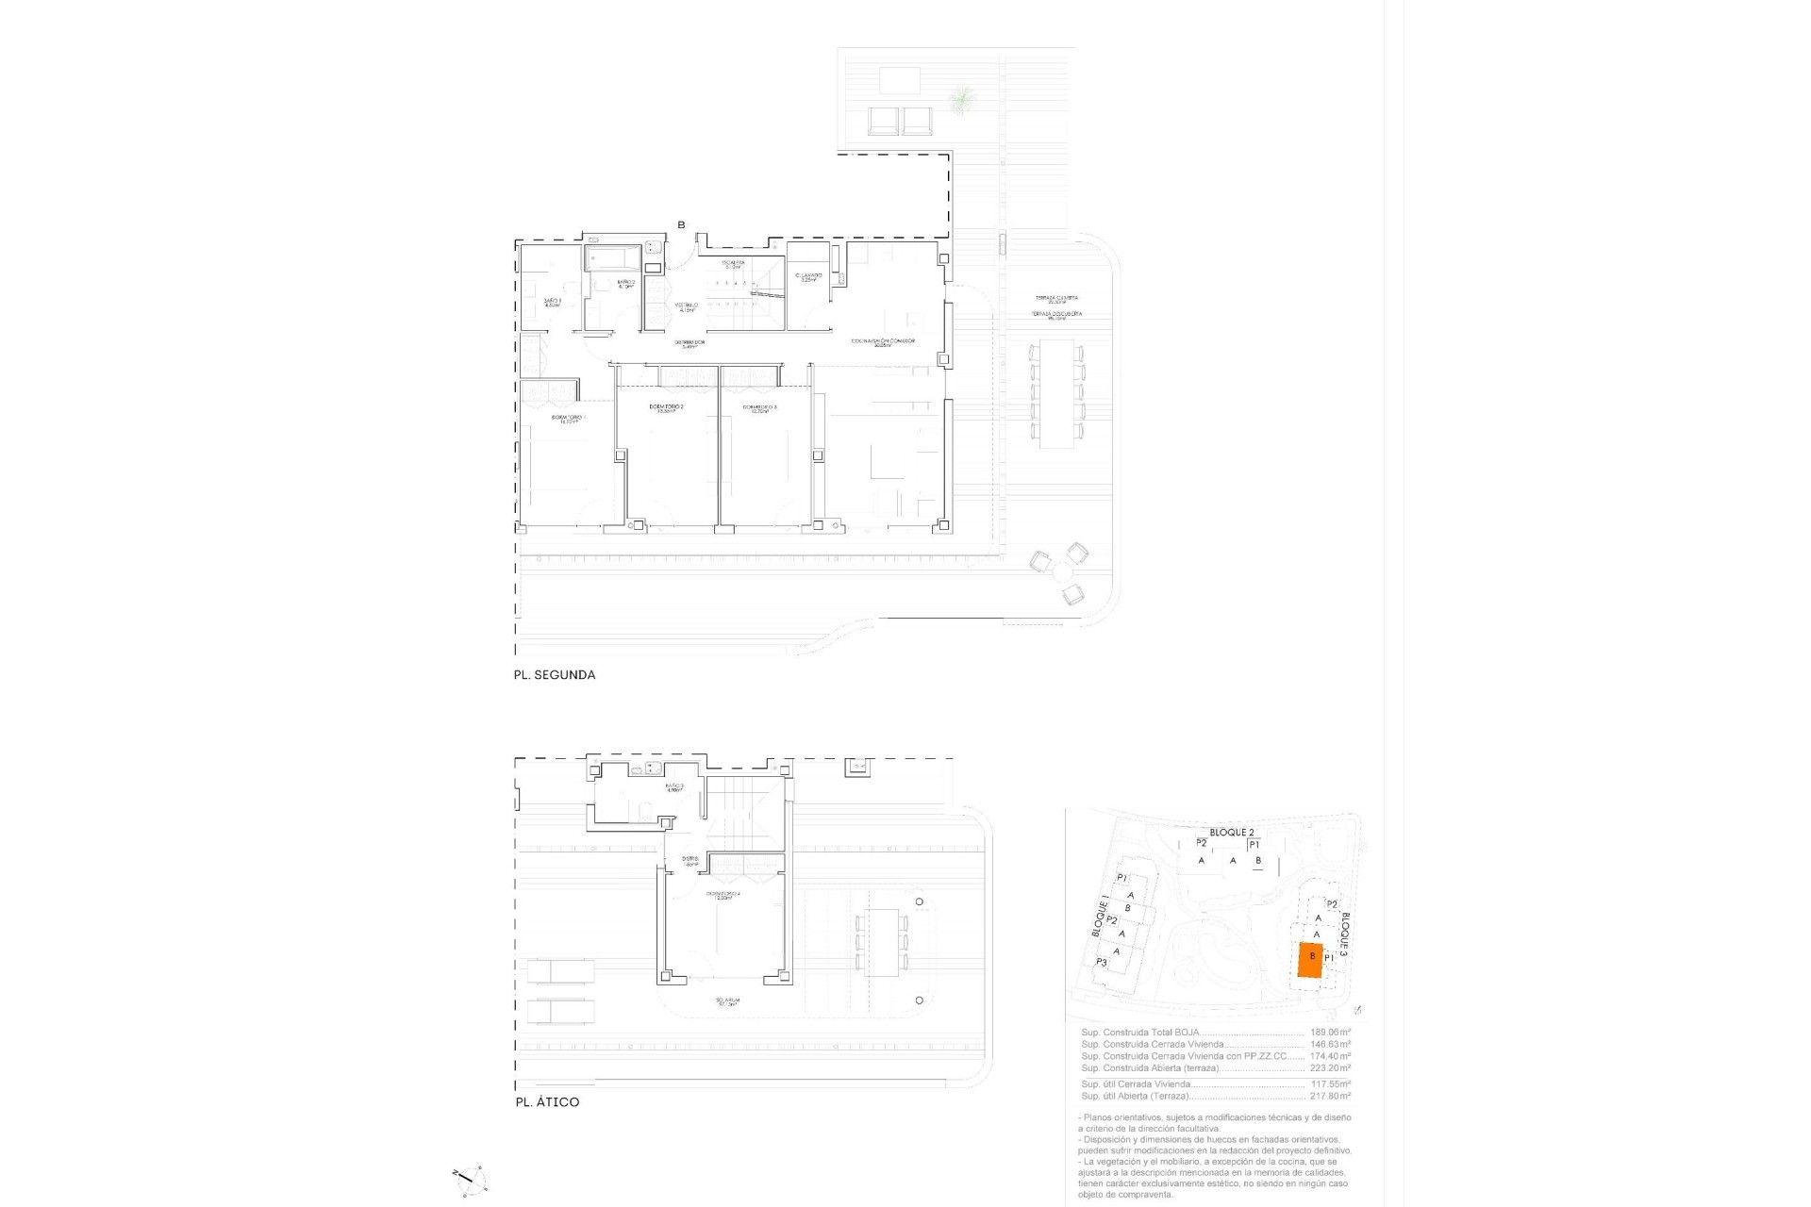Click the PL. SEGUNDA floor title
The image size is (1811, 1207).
tap(554, 675)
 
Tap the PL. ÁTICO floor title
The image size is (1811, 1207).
tap(547, 1101)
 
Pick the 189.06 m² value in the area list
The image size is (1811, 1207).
tap(1330, 1033)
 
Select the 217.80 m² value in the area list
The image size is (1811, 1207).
tap(1330, 1096)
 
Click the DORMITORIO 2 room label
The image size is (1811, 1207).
tap(666, 408)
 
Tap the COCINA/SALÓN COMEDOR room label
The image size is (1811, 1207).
tap(882, 342)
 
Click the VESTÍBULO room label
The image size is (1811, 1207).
tap(686, 306)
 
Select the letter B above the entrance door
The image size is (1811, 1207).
tap(681, 224)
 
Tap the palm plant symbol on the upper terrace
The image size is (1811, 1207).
tap(961, 98)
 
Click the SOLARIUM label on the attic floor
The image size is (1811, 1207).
tap(726, 1001)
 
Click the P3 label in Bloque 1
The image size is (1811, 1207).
tap(1101, 962)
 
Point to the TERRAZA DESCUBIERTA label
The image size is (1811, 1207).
tap(1055, 314)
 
